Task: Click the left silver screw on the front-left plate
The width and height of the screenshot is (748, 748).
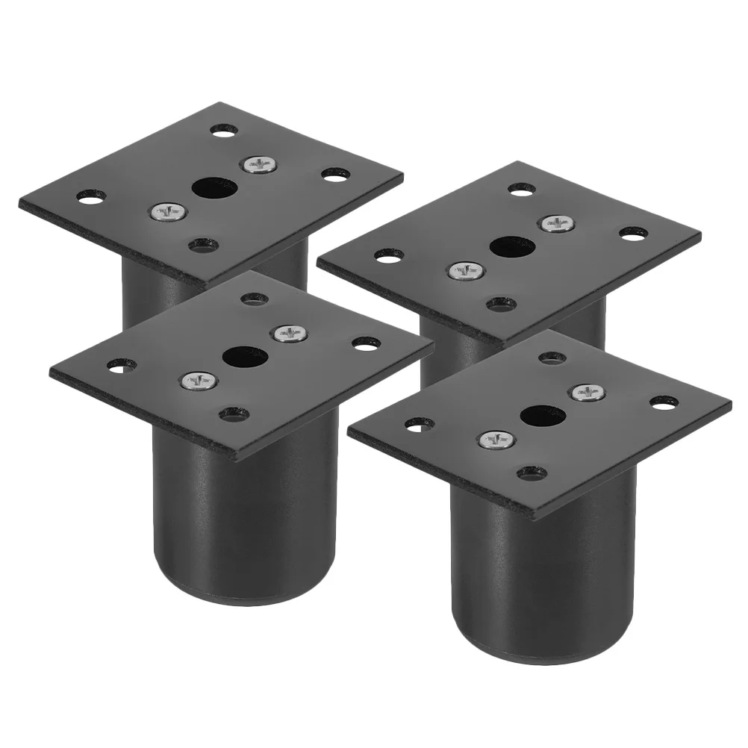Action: tap(199, 381)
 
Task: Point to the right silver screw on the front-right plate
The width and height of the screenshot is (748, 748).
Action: tap(586, 391)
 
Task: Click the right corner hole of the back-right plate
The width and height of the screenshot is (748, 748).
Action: tap(633, 233)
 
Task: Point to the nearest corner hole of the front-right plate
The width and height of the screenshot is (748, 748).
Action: tap(531, 472)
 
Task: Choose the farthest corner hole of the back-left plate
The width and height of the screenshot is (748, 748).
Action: tap(223, 131)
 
